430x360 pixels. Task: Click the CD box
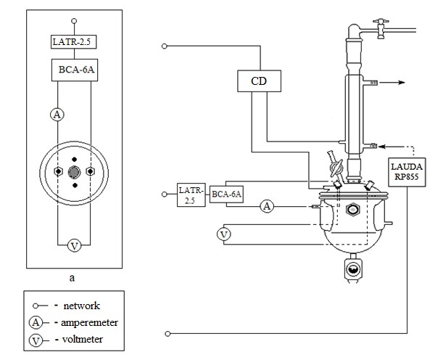click(259, 81)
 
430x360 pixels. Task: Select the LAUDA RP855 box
click(407, 172)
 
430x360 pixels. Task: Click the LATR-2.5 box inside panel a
click(73, 42)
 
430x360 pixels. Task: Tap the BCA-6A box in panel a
click(75, 70)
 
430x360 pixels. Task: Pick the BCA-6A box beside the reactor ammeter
click(226, 195)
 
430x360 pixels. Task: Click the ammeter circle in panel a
click(57, 115)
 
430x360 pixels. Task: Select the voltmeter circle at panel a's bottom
click(74, 246)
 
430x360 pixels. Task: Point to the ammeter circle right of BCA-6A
click(267, 206)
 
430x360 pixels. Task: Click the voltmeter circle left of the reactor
click(224, 234)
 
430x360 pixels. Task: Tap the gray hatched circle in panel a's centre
click(74, 172)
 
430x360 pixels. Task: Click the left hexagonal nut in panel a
click(58, 172)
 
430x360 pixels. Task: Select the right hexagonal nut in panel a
click(90, 172)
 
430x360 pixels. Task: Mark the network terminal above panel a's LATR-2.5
click(74, 21)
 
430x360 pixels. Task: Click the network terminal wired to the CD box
click(165, 46)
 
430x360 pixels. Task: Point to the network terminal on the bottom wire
click(168, 334)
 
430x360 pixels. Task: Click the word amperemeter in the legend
click(89, 323)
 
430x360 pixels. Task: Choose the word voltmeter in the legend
click(82, 340)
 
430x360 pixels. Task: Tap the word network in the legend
click(82, 306)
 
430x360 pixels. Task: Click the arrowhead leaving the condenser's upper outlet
click(402, 82)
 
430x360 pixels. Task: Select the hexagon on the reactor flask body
click(352, 210)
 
